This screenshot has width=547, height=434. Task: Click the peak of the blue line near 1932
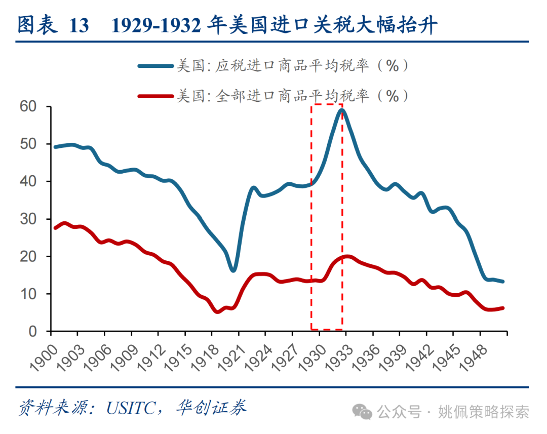pos(342,110)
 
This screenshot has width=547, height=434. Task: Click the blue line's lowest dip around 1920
pos(233,270)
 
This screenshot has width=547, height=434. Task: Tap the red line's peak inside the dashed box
pos(346,257)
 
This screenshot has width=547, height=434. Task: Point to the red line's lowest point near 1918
pos(218,311)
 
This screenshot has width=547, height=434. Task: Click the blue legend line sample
pos(154,66)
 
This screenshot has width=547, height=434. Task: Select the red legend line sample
pos(154,95)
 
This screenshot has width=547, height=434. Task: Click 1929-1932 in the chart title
pos(157,25)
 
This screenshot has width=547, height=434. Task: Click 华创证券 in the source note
pos(212,408)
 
